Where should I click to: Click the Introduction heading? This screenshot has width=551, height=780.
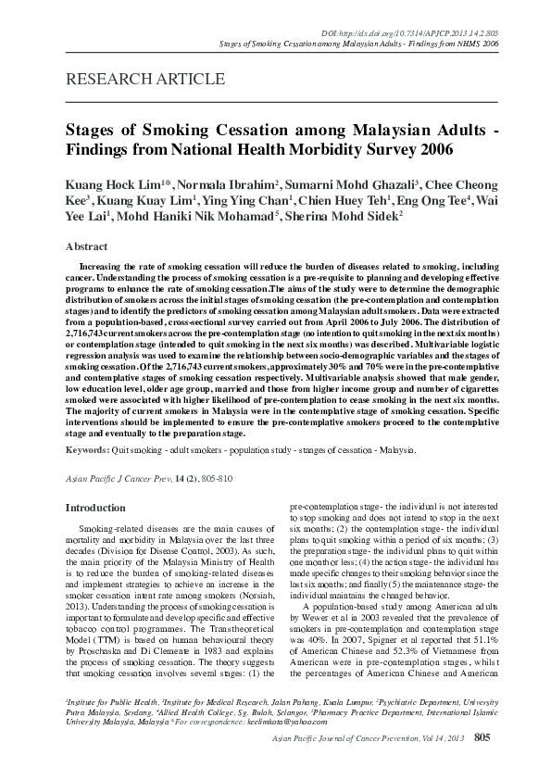(94, 508)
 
